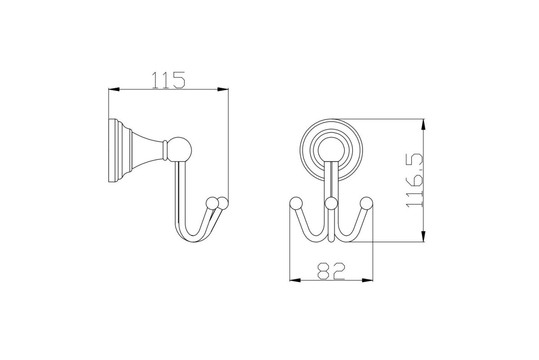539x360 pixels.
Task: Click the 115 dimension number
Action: click(x=168, y=80)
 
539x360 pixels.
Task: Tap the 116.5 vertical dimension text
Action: click(x=414, y=180)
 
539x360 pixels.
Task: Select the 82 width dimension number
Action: click(x=331, y=271)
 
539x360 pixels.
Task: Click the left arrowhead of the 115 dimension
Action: click(x=114, y=90)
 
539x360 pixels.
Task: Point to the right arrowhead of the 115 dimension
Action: click(x=223, y=90)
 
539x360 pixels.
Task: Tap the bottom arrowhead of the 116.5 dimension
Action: click(x=424, y=236)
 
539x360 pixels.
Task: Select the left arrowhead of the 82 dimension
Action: click(x=295, y=280)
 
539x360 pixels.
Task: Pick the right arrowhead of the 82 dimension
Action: click(x=367, y=280)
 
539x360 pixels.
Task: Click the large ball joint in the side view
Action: click(x=179, y=149)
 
